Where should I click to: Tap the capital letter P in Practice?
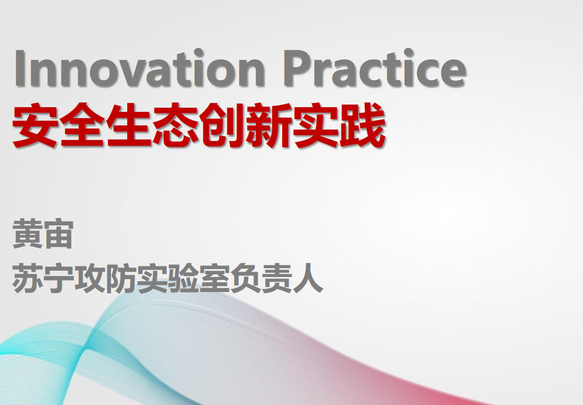[299, 68]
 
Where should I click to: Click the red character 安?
[35, 125]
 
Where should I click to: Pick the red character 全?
[82, 125]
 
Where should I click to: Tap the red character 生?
[129, 125]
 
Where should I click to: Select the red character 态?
[175, 125]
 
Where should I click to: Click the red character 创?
[222, 125]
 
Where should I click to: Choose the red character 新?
[269, 125]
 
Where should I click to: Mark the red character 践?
[362, 125]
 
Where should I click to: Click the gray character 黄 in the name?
[28, 234]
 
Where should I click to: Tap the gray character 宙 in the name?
[58, 234]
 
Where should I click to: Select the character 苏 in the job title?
[28, 277]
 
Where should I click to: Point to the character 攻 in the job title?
[90, 277]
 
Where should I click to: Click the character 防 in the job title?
[121, 277]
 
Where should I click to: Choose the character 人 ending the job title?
[308, 277]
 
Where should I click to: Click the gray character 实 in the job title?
[152, 277]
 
